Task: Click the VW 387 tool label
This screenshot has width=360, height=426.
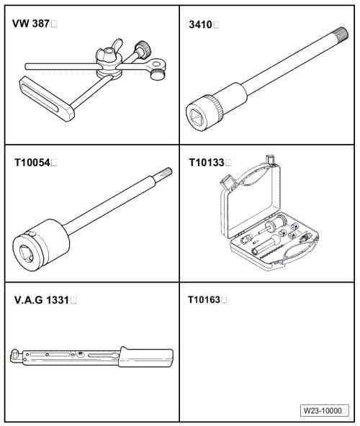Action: coord(31,24)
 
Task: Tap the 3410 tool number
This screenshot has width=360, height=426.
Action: coord(200,24)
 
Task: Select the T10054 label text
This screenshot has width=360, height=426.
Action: coord(32,163)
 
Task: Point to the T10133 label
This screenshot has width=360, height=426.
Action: coord(207,163)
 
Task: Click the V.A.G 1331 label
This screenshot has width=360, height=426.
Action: coord(42,300)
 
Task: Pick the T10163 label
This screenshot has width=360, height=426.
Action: coord(204,300)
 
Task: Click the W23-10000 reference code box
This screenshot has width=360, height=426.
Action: coord(325,410)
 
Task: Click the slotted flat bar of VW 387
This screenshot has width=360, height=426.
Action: coord(47,99)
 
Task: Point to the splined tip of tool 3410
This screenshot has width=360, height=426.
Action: coord(341,34)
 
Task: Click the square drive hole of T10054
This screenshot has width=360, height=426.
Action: coord(26,253)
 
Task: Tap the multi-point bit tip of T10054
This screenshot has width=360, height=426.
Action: coord(165,173)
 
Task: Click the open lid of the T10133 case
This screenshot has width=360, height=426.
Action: coord(250,199)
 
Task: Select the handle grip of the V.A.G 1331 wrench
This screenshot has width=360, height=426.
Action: coord(146,357)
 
